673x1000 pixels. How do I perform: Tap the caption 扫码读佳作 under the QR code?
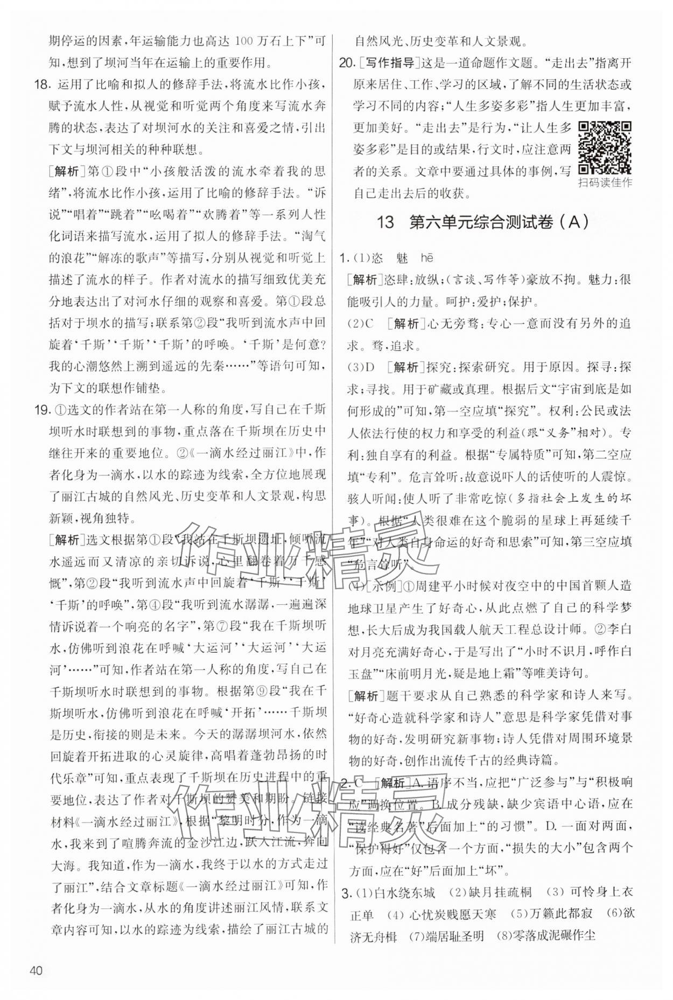click(x=605, y=182)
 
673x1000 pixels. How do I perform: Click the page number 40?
click(x=36, y=971)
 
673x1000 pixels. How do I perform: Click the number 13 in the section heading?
click(x=386, y=222)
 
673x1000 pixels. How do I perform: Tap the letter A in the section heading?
click(x=576, y=222)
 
